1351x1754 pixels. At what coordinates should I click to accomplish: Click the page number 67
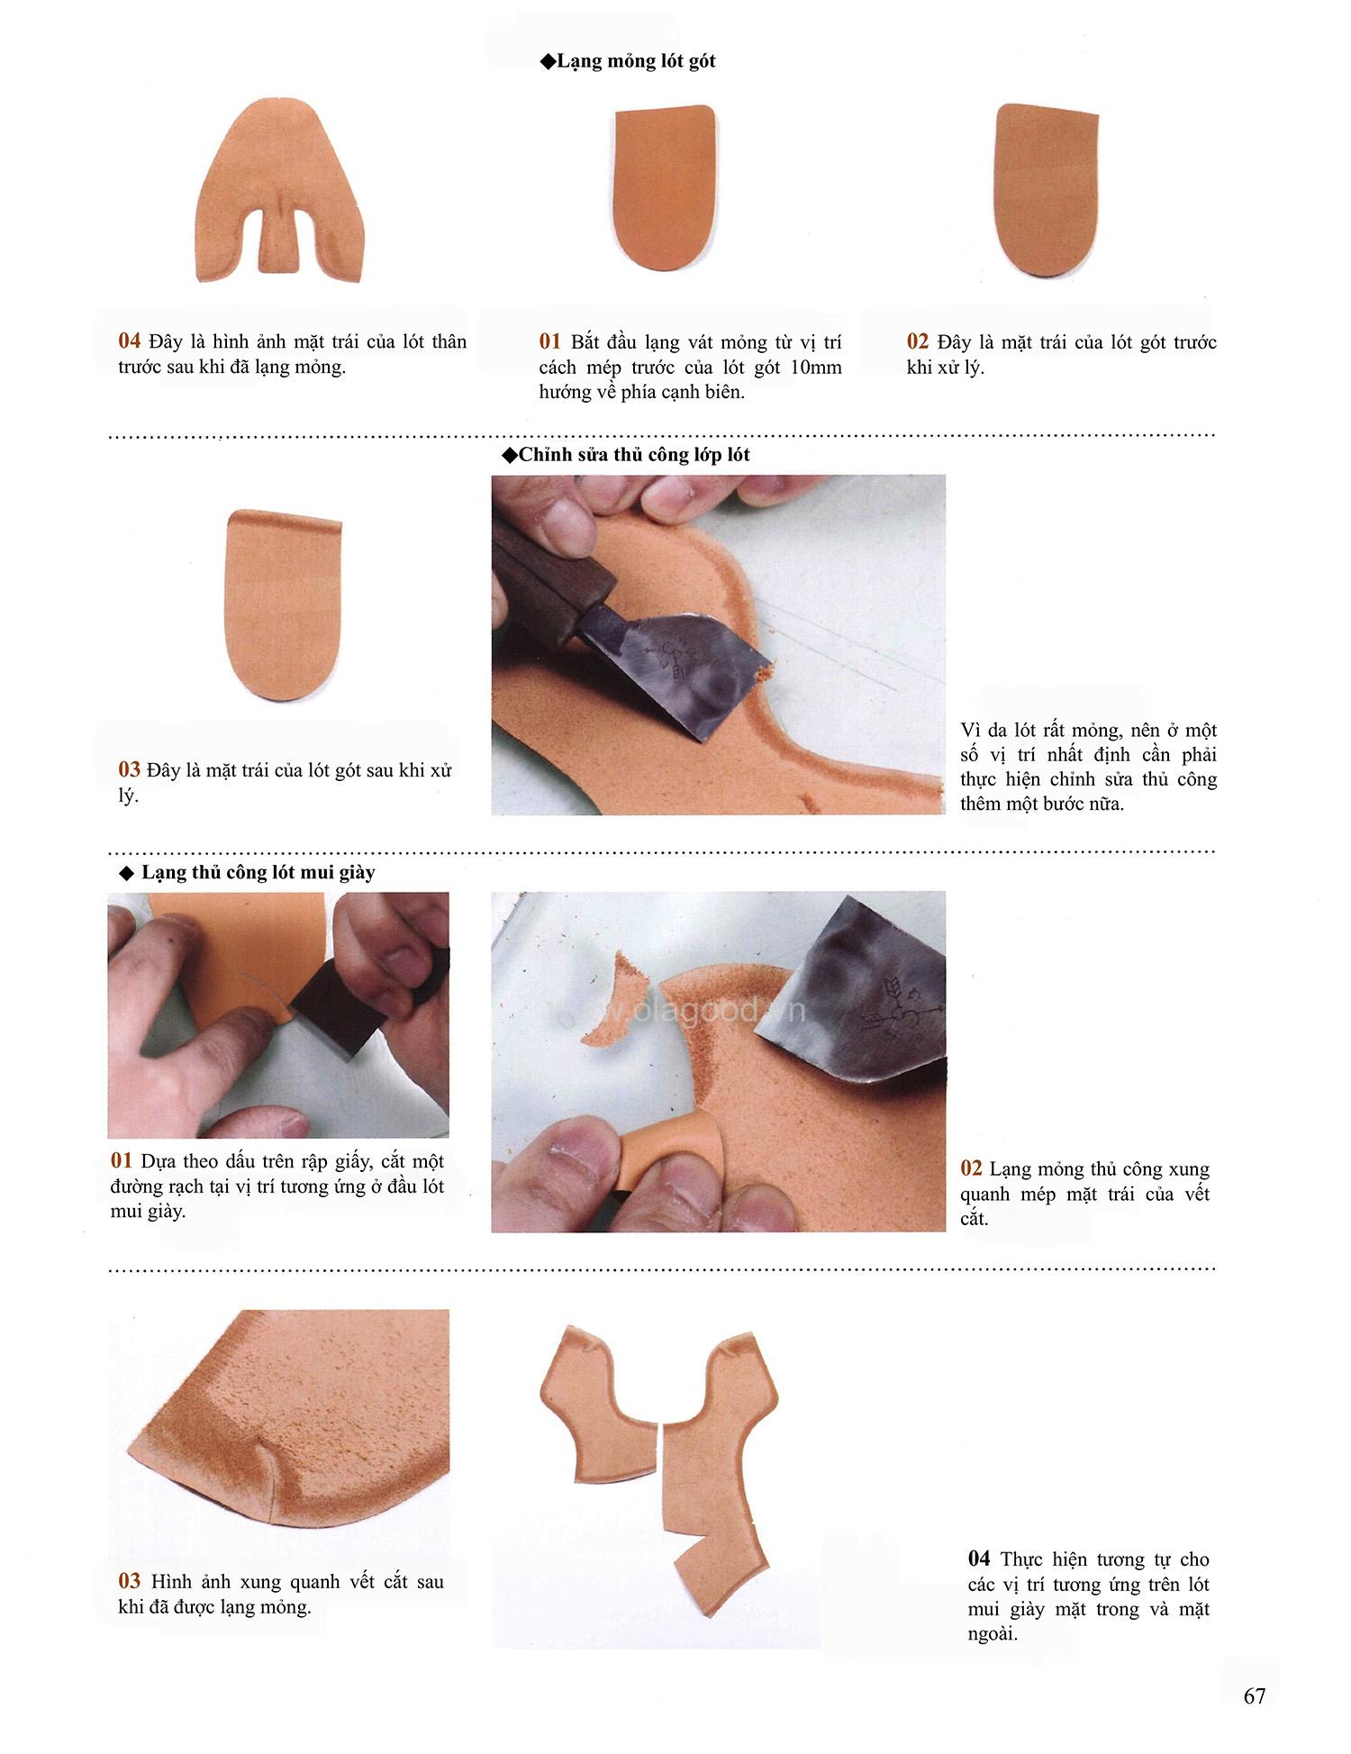tap(1255, 1695)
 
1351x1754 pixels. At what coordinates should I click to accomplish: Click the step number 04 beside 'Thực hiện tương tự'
tap(979, 1559)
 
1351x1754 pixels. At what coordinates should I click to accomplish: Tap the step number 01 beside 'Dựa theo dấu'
tap(122, 1161)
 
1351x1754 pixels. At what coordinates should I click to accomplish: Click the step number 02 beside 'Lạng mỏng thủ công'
tap(972, 1168)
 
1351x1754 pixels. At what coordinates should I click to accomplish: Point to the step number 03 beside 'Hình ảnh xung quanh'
tap(130, 1581)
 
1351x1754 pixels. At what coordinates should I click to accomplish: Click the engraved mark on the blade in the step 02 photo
tap(887, 1009)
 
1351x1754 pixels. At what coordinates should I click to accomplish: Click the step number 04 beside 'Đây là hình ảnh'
tap(130, 341)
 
